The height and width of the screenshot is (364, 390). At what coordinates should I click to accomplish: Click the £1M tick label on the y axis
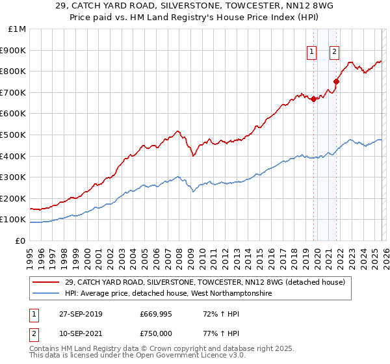tap(18, 29)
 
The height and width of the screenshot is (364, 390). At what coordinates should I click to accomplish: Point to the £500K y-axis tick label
tap(14, 135)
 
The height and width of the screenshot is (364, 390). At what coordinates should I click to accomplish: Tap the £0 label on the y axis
tap(21, 240)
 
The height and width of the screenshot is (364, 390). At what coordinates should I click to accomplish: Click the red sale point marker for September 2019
tap(313, 99)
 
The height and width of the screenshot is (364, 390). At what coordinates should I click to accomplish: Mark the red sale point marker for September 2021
tap(336, 82)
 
